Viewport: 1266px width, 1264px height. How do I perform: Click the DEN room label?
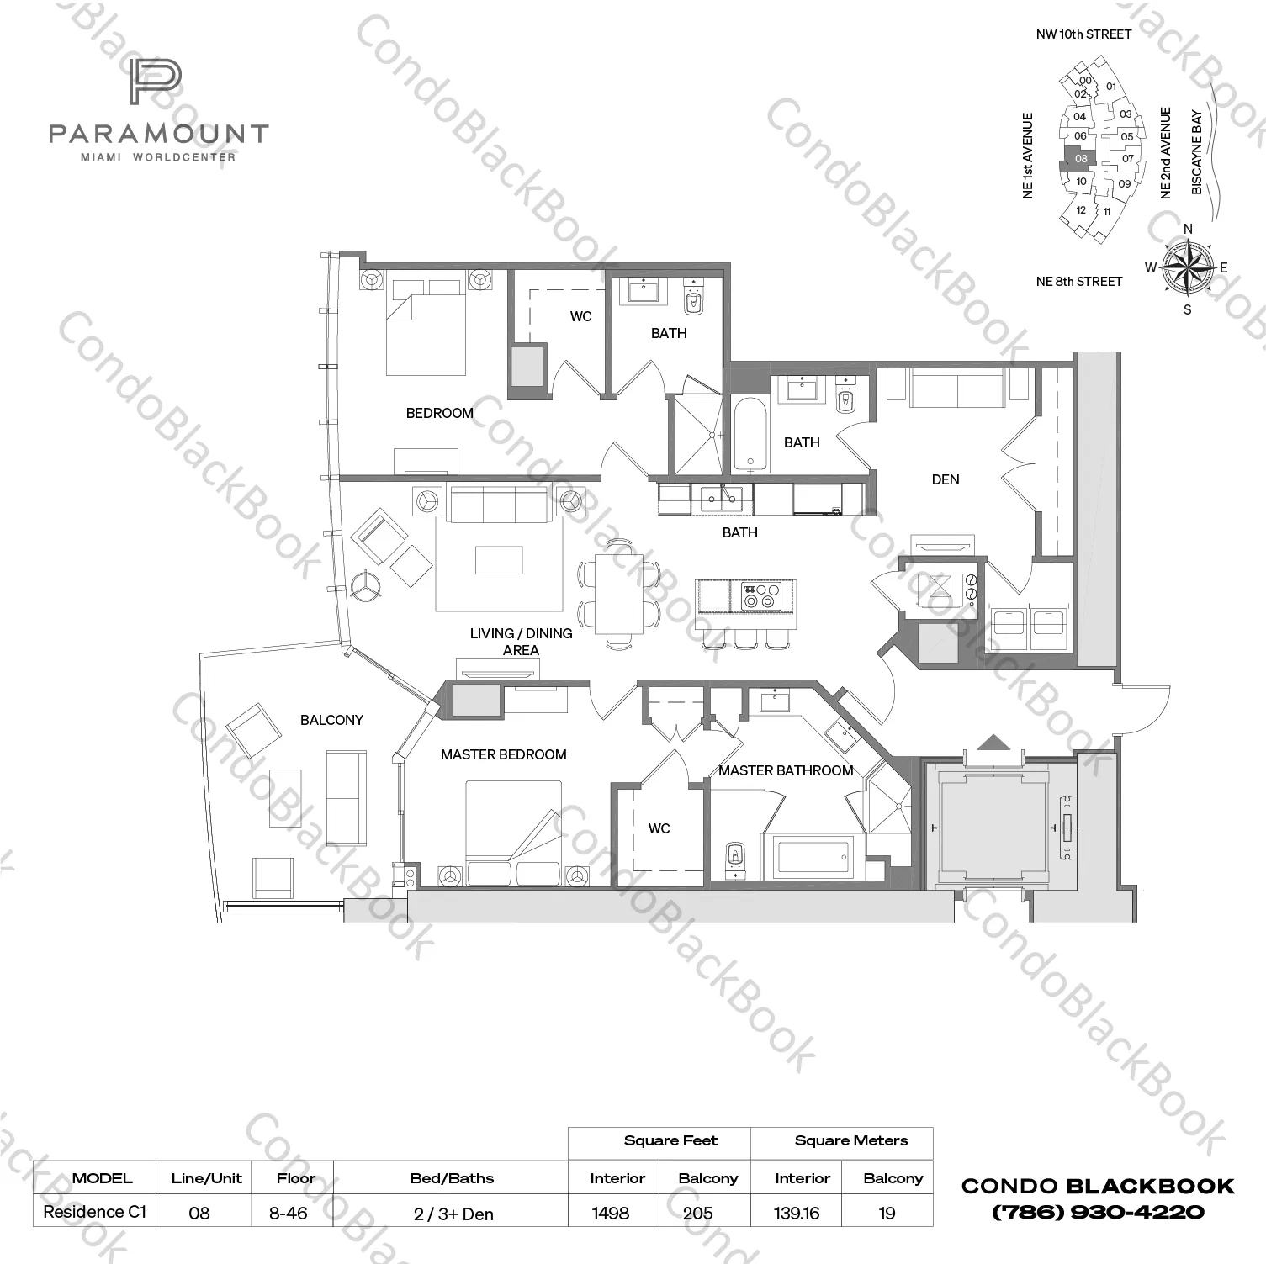click(945, 479)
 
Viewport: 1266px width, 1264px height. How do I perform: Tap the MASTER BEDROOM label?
click(503, 754)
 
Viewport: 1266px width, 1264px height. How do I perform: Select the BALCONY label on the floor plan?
click(331, 720)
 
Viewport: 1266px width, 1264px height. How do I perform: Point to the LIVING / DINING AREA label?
click(521, 642)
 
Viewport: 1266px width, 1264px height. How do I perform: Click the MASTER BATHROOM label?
click(785, 770)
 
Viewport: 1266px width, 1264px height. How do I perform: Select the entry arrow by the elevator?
click(993, 742)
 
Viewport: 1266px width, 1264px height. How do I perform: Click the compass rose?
click(1187, 268)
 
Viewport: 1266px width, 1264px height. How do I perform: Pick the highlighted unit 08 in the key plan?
click(1080, 158)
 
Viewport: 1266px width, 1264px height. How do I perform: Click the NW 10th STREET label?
click(1083, 34)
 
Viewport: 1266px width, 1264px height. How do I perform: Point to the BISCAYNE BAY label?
click(1197, 153)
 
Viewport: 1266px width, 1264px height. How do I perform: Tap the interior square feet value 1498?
click(611, 1213)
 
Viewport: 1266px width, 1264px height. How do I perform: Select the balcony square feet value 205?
click(697, 1213)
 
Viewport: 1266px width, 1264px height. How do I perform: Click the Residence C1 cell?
click(94, 1212)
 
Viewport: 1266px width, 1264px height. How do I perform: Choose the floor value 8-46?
click(288, 1213)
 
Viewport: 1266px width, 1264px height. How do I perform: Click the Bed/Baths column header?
click(452, 1178)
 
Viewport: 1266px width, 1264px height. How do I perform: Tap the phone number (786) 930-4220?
click(1098, 1212)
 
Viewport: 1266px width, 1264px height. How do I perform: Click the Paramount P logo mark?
click(156, 82)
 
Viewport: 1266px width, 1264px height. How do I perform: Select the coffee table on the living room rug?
click(498, 560)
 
